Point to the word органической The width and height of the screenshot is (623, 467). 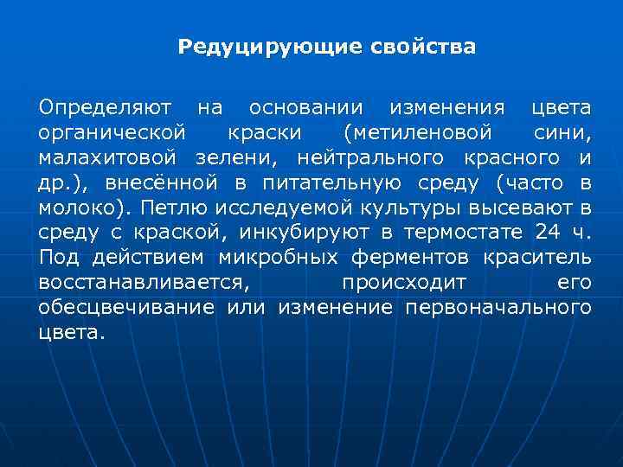(x=112, y=133)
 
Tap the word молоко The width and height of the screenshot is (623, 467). (x=75, y=208)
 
